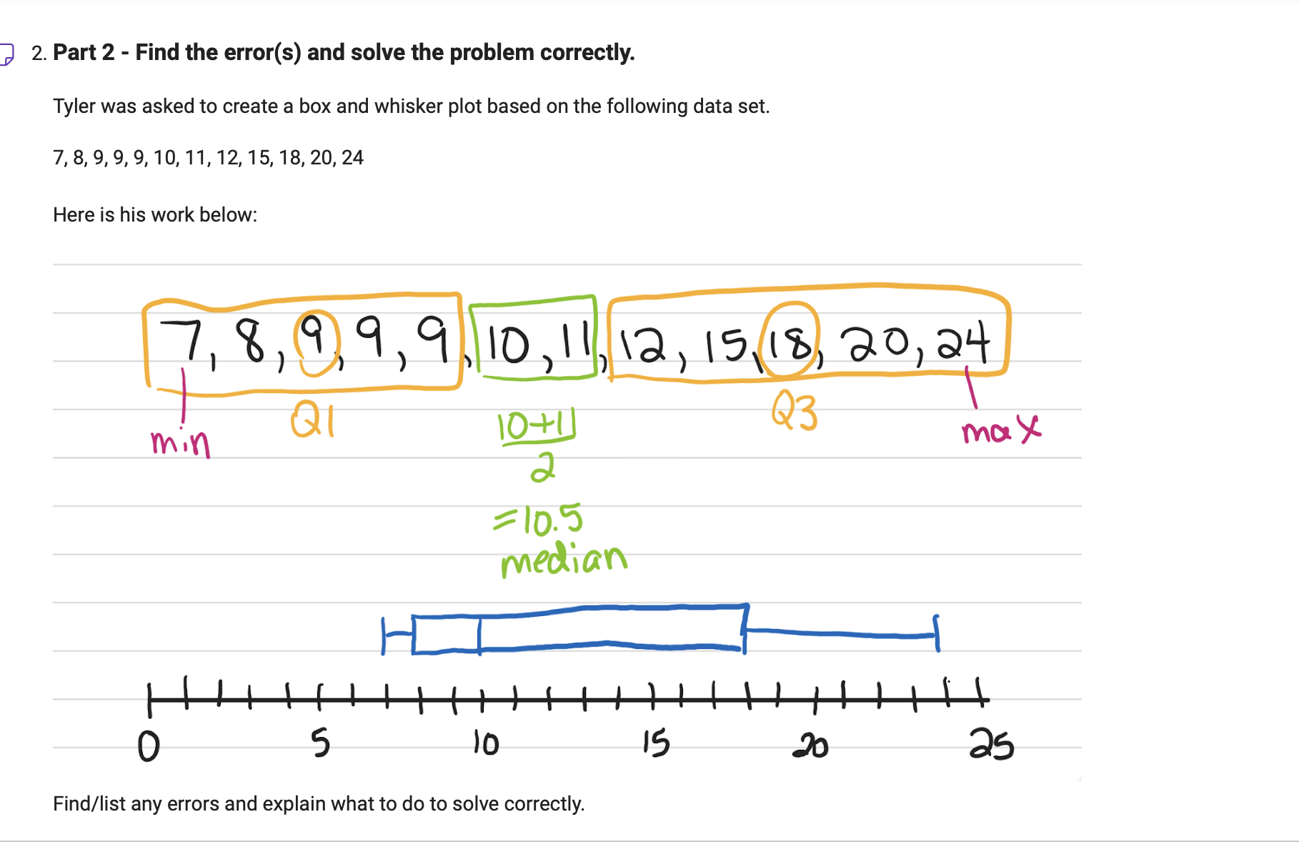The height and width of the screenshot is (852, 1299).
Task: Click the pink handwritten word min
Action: [x=180, y=442]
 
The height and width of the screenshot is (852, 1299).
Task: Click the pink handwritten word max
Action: [x=1000, y=430]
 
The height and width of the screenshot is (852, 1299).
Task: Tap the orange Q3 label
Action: [x=794, y=413]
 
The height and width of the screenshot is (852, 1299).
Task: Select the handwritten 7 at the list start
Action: [x=180, y=340]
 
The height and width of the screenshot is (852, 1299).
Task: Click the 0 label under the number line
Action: [x=149, y=746]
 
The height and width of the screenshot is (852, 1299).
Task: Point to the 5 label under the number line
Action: [x=321, y=743]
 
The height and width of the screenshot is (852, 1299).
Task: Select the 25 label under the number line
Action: [x=991, y=745]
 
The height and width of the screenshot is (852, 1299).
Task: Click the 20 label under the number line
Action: [x=810, y=745]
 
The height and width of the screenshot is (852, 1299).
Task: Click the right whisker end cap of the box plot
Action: [x=937, y=633]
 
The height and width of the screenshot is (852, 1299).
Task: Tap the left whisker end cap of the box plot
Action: [x=384, y=635]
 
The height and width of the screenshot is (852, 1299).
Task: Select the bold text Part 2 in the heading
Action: [x=84, y=53]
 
